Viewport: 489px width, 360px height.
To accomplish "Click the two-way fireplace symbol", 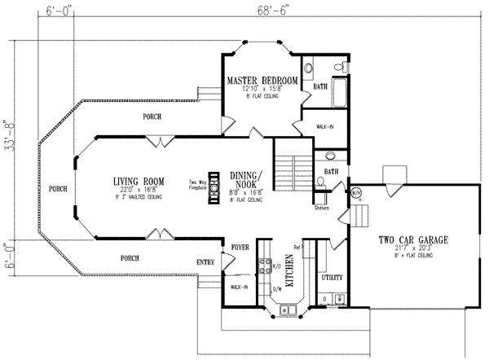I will (214, 186).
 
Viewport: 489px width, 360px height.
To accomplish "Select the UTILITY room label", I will (332, 278).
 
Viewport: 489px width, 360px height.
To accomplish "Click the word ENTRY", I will (206, 261).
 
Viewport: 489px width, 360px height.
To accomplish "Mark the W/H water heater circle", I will (356, 192).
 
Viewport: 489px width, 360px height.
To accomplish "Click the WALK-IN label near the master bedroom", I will (325, 127).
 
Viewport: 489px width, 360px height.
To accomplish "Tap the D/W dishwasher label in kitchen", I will (278, 288).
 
